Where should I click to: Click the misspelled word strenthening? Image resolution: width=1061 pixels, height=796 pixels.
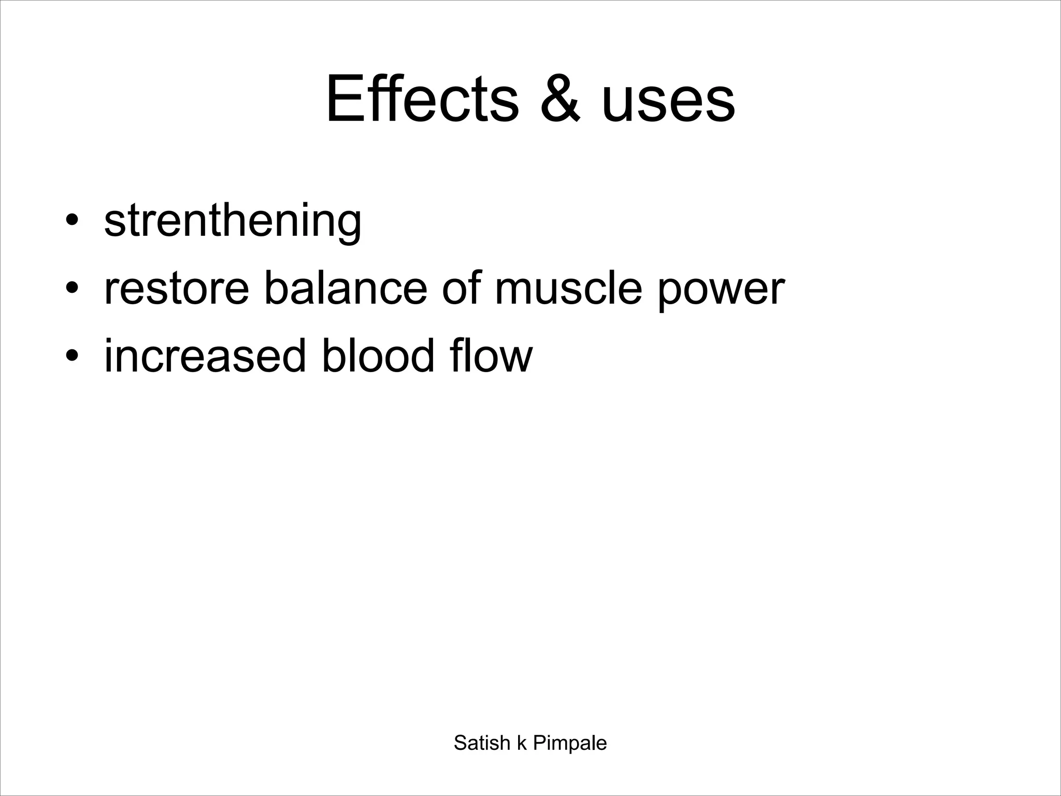click(233, 222)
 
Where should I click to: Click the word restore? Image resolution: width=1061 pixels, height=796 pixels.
click(177, 289)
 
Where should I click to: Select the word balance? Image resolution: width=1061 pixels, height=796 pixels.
click(346, 289)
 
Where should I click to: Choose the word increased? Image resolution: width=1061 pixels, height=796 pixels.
click(205, 356)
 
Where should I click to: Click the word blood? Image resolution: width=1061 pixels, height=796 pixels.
click(378, 356)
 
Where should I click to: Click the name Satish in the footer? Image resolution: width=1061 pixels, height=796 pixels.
click(482, 743)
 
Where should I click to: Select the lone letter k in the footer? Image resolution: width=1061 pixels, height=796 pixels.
click(522, 743)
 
